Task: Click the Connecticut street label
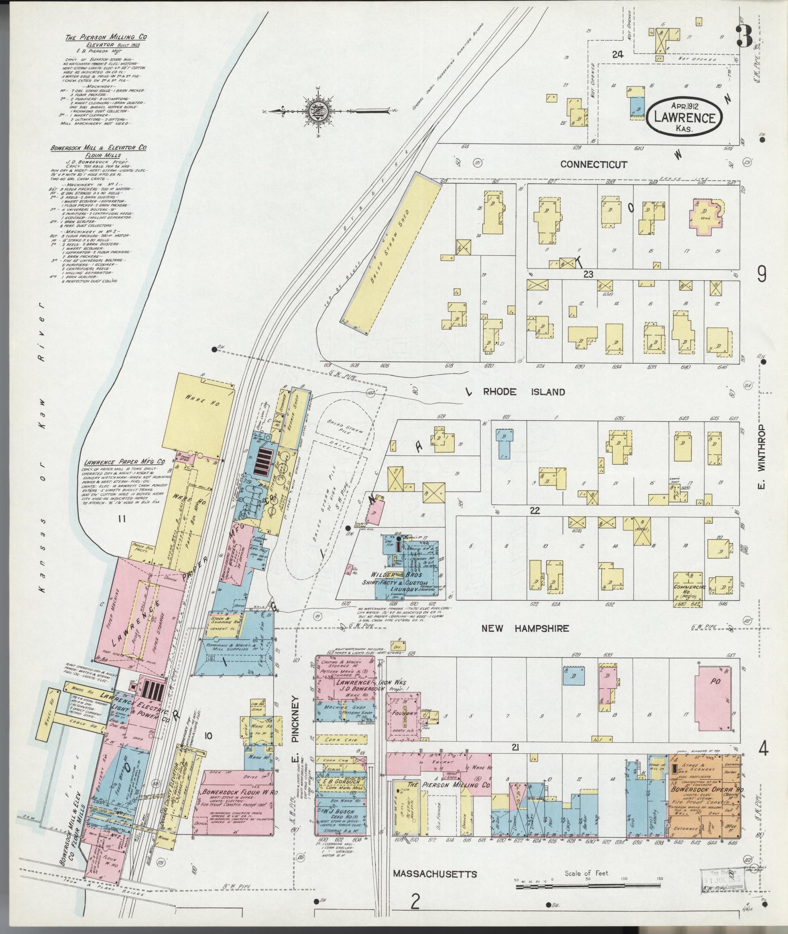click(x=593, y=164)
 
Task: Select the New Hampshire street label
click(x=525, y=628)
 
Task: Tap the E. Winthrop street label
click(x=764, y=456)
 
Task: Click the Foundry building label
click(x=404, y=713)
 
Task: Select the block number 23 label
click(x=588, y=274)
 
